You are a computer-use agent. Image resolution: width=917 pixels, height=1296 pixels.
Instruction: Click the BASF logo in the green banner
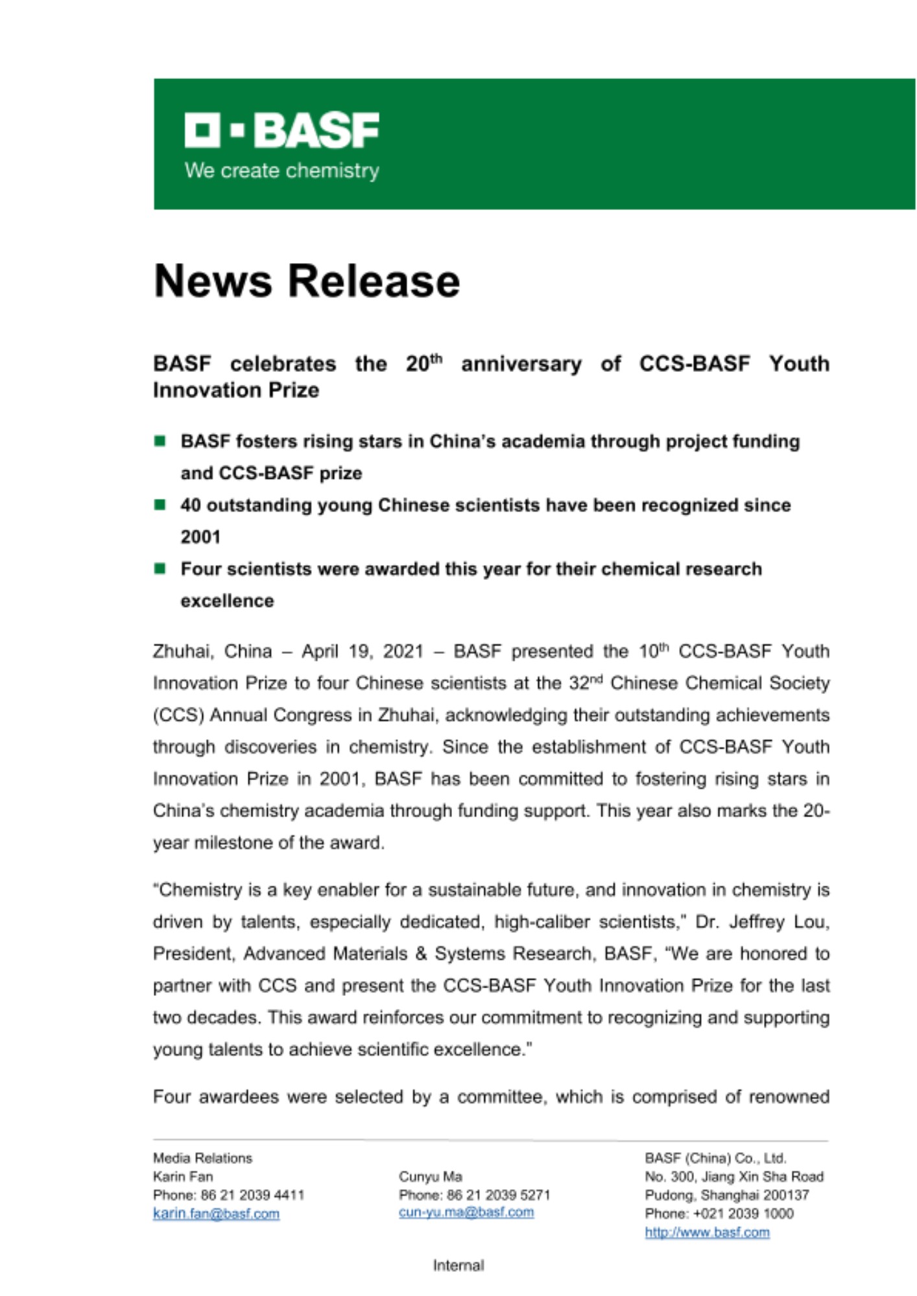281,130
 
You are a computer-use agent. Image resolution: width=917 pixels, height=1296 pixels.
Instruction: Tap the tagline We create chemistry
281,170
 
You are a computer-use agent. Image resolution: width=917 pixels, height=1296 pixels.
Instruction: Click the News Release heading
307,281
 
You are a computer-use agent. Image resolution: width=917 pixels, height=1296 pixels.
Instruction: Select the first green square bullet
160,441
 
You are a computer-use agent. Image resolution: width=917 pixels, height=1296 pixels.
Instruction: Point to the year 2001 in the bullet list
200,537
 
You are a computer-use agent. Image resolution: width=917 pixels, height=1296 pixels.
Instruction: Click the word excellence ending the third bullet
227,601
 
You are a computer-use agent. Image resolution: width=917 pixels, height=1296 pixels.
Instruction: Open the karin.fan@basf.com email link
216,1214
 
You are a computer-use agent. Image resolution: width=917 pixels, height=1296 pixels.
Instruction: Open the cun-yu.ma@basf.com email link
466,1212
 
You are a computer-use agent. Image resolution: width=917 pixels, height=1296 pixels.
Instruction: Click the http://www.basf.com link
707,1232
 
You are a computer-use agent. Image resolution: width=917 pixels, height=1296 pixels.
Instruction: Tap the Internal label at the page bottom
458,1266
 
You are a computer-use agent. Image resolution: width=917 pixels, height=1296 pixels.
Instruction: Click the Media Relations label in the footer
202,1158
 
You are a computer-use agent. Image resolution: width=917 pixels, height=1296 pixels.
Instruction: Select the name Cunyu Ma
430,1176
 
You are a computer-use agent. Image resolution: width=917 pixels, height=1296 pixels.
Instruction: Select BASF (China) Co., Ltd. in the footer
715,1158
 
